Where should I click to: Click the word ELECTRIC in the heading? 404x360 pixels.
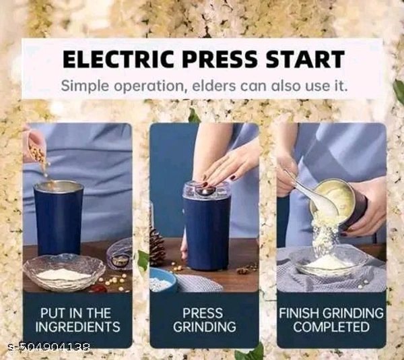click(x=119, y=59)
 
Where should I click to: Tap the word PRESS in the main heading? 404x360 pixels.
click(x=220, y=59)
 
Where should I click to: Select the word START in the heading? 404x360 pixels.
click(x=305, y=59)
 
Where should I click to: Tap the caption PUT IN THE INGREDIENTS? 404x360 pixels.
click(x=77, y=320)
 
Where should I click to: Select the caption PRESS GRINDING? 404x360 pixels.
click(x=204, y=320)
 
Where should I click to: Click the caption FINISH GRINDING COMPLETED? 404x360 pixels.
click(x=331, y=320)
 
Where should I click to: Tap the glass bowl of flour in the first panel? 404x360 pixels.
click(x=64, y=272)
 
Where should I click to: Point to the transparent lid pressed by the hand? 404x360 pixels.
click(x=206, y=190)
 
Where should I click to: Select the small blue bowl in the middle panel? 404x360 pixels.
click(x=163, y=280)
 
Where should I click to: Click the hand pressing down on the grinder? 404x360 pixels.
click(x=227, y=169)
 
